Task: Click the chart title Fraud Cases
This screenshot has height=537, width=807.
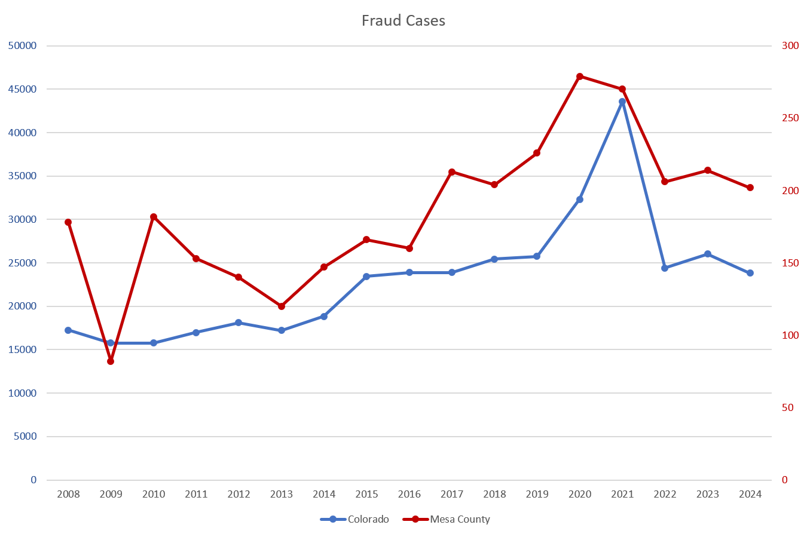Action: tap(403, 21)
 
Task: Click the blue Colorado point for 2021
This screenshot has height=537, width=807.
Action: tap(622, 102)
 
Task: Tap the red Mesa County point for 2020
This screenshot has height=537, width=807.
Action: tap(580, 76)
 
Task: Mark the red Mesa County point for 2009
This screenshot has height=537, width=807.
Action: tap(111, 361)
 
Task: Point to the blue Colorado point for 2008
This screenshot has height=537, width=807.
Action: tap(68, 330)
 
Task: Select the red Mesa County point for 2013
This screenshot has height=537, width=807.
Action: tap(282, 306)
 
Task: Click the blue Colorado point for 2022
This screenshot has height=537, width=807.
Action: tap(665, 268)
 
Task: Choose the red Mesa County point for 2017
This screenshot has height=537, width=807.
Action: tap(452, 172)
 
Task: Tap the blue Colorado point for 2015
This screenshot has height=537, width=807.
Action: tap(366, 277)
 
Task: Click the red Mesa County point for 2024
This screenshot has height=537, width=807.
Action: tap(750, 188)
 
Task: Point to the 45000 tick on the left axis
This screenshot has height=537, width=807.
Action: tap(22, 89)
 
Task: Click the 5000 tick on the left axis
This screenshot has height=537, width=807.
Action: tap(25, 437)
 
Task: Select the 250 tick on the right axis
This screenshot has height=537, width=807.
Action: tap(790, 118)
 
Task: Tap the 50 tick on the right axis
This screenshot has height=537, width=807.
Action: tap(788, 407)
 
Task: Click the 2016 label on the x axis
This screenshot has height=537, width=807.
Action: tap(409, 494)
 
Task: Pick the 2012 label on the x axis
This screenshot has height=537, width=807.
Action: tap(239, 494)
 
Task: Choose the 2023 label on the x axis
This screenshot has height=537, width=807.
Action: tap(708, 494)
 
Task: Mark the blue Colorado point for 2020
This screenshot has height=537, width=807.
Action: tap(580, 200)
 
